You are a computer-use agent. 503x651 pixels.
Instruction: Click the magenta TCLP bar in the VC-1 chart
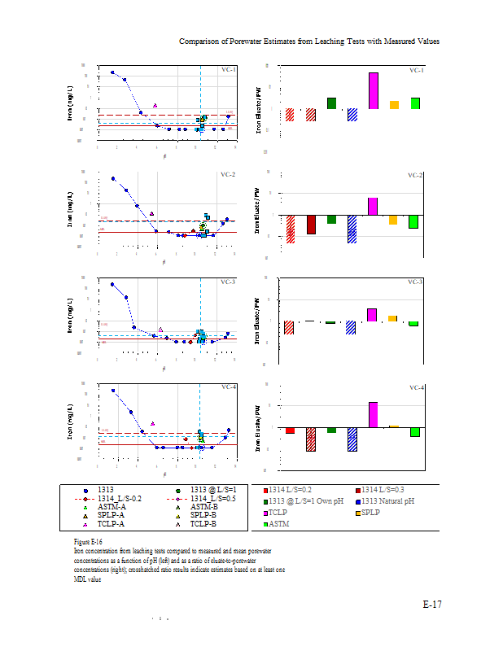click(x=373, y=90)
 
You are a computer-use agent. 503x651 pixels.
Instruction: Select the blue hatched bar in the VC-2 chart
click(x=352, y=229)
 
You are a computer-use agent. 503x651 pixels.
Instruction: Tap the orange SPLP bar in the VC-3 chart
click(x=392, y=318)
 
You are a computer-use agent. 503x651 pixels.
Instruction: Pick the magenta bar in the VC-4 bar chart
click(x=373, y=414)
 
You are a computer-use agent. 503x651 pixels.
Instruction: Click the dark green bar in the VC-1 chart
click(x=331, y=103)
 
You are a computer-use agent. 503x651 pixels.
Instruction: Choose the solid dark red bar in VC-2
click(x=310, y=225)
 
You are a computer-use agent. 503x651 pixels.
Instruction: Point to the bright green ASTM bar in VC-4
click(x=414, y=431)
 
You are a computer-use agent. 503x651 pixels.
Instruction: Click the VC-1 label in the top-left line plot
click(x=229, y=70)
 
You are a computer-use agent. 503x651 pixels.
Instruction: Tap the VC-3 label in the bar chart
click(x=416, y=282)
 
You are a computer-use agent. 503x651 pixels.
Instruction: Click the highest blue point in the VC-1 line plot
click(x=112, y=72)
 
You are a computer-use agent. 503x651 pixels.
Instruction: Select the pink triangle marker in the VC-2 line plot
click(x=152, y=213)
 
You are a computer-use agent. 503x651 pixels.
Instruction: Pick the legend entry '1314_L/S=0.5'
click(x=212, y=497)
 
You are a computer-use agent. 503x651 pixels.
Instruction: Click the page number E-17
click(x=431, y=605)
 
